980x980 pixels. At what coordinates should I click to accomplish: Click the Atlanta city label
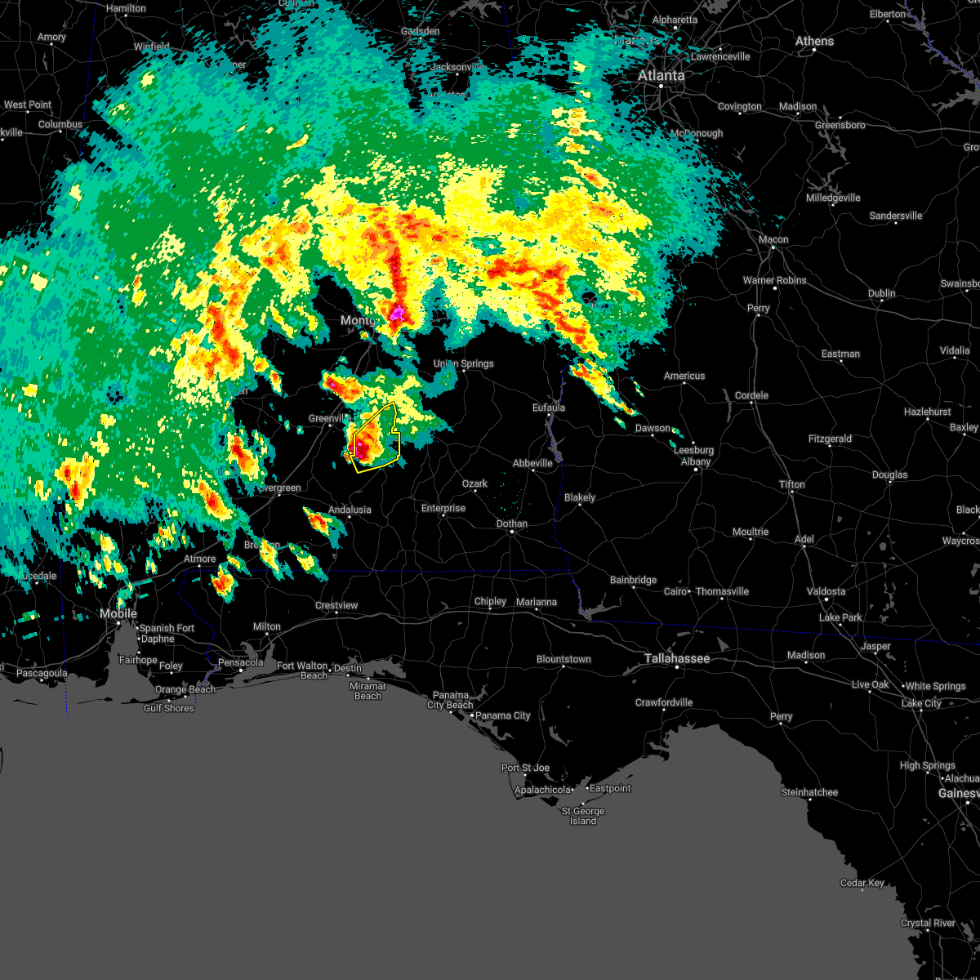tap(661, 75)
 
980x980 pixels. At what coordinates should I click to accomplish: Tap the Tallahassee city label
tap(677, 658)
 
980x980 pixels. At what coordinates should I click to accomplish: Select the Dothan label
tap(512, 523)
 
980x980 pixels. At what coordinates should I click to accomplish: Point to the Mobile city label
tap(118, 613)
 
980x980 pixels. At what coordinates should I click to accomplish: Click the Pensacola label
tap(240, 662)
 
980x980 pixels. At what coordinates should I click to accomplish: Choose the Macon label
tap(773, 239)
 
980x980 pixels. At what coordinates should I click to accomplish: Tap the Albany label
tap(697, 461)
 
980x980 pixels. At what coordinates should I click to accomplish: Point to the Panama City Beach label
tap(449, 700)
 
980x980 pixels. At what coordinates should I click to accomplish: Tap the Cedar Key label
tap(862, 883)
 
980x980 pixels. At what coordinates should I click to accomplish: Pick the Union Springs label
tap(463, 363)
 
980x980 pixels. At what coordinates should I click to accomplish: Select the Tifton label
tap(791, 484)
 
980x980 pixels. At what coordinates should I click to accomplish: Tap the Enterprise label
tap(443, 508)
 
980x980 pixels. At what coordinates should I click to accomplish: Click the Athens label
tap(815, 41)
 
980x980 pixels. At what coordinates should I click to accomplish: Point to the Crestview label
tap(336, 605)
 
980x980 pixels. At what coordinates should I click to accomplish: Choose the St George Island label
tap(583, 816)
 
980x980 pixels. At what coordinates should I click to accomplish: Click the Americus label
tap(684, 376)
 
